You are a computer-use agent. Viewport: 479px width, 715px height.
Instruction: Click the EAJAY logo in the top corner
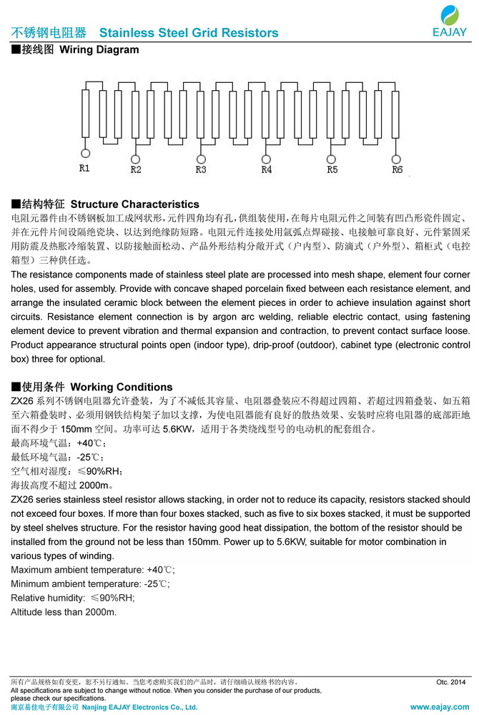(450, 20)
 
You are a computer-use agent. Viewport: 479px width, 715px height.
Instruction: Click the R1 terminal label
(84, 169)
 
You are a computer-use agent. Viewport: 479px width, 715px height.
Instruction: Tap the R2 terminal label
(136, 169)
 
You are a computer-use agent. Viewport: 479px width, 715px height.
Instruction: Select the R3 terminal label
(201, 169)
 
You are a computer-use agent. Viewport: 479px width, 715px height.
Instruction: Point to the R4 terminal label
(267, 169)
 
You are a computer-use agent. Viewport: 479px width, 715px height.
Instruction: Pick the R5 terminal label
(332, 169)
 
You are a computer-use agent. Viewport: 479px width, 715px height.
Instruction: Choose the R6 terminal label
(397, 169)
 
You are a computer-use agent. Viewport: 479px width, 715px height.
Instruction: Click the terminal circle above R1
(85, 153)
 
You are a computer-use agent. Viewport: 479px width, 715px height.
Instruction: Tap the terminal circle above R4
(267, 159)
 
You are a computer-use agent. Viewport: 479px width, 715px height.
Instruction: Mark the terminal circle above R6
(397, 159)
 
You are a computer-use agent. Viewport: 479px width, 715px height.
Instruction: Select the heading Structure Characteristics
(135, 204)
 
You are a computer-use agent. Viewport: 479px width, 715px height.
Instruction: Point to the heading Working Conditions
(122, 387)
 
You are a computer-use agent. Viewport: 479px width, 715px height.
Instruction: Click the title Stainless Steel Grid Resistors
(189, 33)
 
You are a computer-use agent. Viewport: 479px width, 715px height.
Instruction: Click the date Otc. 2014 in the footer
(450, 682)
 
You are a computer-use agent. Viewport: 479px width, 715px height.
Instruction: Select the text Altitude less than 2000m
(64, 612)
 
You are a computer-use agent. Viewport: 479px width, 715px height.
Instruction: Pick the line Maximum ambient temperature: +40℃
(93, 570)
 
